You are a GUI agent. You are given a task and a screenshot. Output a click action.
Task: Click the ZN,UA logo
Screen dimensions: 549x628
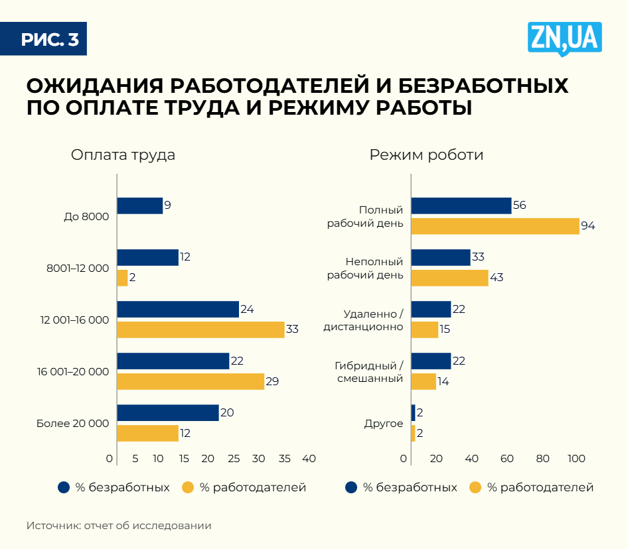click(565, 38)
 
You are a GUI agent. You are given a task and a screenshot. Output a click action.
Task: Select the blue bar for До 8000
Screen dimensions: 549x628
click(139, 206)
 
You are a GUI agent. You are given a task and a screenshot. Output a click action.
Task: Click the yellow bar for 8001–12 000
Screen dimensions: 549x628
click(122, 278)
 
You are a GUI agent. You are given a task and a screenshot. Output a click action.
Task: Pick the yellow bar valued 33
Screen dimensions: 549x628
click(200, 330)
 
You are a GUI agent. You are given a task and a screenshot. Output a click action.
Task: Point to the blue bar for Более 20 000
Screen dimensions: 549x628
click(168, 412)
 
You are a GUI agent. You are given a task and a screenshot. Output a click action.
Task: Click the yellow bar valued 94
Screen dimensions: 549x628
click(495, 226)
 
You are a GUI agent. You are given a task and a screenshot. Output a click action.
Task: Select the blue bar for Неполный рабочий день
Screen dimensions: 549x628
click(441, 257)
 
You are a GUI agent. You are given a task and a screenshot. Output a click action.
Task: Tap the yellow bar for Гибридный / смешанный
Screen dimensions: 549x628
click(424, 381)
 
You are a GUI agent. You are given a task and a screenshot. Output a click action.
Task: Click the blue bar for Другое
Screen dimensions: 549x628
click(413, 412)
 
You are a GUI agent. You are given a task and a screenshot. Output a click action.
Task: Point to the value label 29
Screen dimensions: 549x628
click(272, 381)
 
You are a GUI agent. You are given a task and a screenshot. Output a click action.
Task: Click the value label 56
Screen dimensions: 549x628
click(519, 206)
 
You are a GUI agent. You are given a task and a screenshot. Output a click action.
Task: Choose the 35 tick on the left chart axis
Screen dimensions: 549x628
click(283, 459)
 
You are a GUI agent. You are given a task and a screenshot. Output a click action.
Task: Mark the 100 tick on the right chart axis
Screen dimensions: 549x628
click(576, 459)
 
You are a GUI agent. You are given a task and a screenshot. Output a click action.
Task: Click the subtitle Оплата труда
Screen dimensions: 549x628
click(123, 155)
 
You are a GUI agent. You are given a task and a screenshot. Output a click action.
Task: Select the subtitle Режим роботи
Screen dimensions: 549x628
click(427, 155)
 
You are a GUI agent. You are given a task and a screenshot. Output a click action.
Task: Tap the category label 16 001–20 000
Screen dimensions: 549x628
click(73, 372)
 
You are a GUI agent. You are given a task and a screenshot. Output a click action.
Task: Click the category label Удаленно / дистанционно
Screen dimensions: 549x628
click(364, 320)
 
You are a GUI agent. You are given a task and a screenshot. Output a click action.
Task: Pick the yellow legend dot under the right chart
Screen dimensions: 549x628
click(475, 487)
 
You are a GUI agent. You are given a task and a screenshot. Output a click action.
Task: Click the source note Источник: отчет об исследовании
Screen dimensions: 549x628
click(119, 526)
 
